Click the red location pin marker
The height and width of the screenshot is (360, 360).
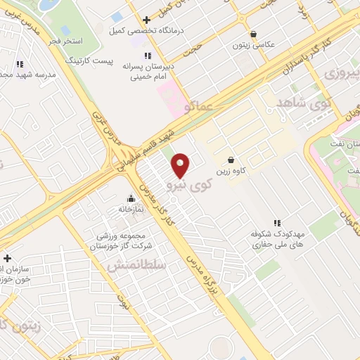(181, 165)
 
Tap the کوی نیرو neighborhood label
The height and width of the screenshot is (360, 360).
(189, 185)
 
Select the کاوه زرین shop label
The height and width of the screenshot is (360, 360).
(229, 171)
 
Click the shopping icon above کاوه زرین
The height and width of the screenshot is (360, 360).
(230, 160)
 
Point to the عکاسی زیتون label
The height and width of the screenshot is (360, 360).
(254, 45)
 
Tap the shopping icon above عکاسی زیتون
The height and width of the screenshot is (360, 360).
(254, 34)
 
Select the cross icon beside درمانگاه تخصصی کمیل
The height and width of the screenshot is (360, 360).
(146, 20)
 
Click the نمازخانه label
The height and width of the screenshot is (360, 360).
(131, 209)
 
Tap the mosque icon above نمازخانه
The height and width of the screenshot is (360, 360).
(131, 198)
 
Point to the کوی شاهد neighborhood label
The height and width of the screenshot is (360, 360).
(304, 103)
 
